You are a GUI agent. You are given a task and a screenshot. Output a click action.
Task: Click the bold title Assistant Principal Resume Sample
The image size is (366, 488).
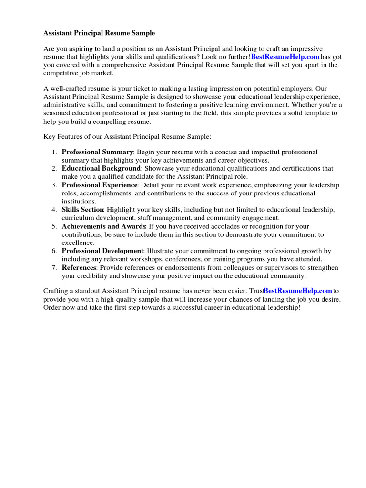(x=99, y=33)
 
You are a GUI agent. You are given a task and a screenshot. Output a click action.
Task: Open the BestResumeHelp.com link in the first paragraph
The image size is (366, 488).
(x=285, y=57)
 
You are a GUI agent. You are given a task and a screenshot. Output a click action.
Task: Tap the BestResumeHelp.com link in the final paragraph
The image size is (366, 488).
(x=297, y=291)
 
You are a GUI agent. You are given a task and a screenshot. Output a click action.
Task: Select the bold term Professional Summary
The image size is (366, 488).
(x=97, y=152)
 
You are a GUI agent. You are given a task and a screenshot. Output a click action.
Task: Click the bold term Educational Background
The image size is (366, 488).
(x=101, y=169)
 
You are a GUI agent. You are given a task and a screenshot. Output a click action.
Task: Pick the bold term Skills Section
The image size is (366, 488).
(x=82, y=210)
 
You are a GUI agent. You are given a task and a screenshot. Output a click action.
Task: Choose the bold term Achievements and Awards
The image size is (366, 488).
(x=103, y=226)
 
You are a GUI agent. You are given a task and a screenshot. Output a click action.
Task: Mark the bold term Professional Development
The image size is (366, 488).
(x=102, y=251)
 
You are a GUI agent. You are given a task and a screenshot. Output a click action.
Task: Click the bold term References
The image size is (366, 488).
(x=79, y=267)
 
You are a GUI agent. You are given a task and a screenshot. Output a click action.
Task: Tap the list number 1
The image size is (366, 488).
(x=54, y=152)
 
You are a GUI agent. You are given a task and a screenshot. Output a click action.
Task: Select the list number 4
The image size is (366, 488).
(x=54, y=210)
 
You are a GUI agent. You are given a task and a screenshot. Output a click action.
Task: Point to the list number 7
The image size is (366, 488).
(x=54, y=267)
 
